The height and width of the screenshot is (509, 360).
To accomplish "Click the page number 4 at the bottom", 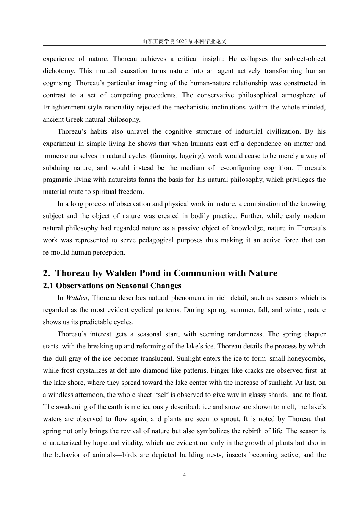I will [x=184, y=475].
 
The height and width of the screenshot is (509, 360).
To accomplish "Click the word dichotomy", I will [x=59, y=71].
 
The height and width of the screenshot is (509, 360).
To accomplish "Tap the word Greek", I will [x=75, y=119].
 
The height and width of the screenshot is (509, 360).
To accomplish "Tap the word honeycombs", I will [x=307, y=358].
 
